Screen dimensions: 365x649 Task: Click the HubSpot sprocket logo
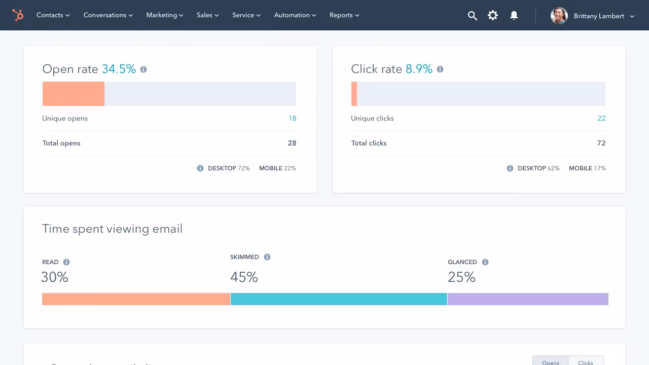(18, 15)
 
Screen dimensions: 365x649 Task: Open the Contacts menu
(53, 15)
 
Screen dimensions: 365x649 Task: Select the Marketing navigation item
(164, 15)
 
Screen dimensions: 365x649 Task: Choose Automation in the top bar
(295, 15)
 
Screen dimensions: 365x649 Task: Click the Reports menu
(344, 15)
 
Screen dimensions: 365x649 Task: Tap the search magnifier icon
(472, 16)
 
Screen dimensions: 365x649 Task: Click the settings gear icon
(493, 16)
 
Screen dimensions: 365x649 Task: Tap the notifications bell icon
(514, 16)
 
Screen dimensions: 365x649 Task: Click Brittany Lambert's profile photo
(559, 16)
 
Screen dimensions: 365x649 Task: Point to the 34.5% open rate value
(119, 69)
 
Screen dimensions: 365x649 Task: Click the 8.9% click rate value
(419, 69)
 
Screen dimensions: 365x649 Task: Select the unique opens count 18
(292, 119)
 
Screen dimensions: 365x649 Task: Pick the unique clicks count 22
(601, 119)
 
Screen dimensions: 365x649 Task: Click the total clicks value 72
(601, 143)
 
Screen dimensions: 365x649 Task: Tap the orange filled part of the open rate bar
(74, 94)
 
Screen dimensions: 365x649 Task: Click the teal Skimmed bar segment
(339, 299)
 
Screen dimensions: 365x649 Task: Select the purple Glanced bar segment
(528, 299)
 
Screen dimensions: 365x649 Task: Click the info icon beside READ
(66, 262)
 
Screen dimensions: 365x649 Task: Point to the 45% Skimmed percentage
(244, 277)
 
